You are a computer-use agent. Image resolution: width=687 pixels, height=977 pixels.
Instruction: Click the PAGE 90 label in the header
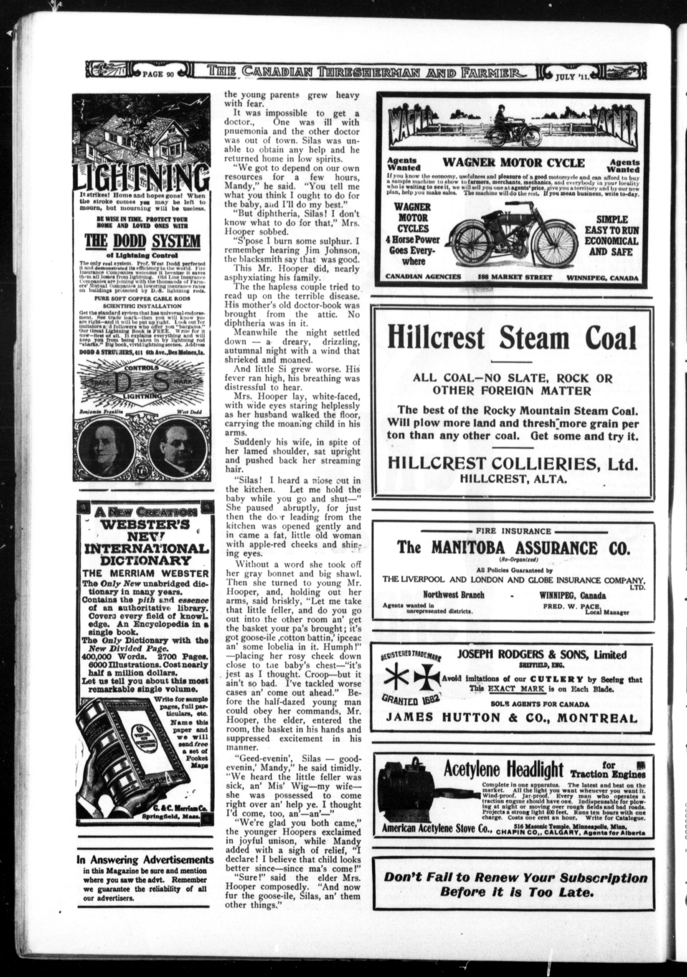click(158, 73)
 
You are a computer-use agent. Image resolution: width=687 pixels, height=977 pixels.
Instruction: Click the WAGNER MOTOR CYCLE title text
click(514, 163)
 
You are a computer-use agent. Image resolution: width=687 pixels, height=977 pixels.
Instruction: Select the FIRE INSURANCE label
click(513, 531)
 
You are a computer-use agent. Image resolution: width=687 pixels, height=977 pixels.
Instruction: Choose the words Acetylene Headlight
click(503, 769)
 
